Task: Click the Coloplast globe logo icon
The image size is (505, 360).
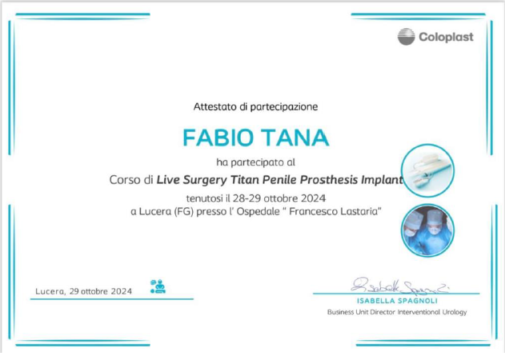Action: point(406,37)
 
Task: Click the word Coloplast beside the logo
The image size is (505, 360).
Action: point(446,37)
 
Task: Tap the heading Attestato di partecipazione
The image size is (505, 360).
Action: point(255,106)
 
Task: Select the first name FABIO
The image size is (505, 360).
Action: point(218,138)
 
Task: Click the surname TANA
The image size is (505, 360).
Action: point(295,138)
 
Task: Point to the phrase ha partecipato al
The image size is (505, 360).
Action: point(256,162)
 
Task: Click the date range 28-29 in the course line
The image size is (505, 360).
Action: point(246,198)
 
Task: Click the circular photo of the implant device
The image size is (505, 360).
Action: point(427,170)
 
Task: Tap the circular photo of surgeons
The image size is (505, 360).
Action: point(427,230)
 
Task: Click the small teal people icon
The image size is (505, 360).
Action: point(158,286)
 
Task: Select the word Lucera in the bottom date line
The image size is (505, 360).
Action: point(50,291)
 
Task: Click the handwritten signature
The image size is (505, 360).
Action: point(399,286)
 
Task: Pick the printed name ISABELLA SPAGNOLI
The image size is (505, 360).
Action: point(397,301)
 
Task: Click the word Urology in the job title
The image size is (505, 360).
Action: point(455,312)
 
